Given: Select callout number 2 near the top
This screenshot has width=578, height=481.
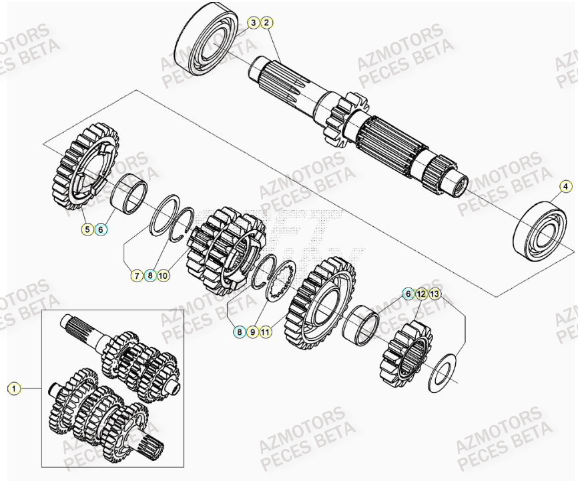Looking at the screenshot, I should point(267,23).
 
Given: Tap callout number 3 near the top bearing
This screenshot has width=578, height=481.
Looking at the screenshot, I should point(253,23).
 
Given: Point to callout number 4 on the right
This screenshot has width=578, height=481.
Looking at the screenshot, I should point(565,186).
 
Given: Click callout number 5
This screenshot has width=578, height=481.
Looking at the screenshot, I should point(87,229).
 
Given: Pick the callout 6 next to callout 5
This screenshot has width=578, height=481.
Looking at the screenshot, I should point(101,229).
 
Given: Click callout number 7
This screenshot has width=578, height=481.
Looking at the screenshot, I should point(135,274).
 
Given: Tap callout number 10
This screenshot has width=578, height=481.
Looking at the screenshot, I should point(164,274).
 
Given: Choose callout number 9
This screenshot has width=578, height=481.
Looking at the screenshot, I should point(252,330).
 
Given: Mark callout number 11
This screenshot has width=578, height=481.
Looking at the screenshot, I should point(266,330).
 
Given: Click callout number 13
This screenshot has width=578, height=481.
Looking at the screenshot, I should point(435,294).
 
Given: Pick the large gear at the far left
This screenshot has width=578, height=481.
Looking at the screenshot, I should point(83,167).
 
